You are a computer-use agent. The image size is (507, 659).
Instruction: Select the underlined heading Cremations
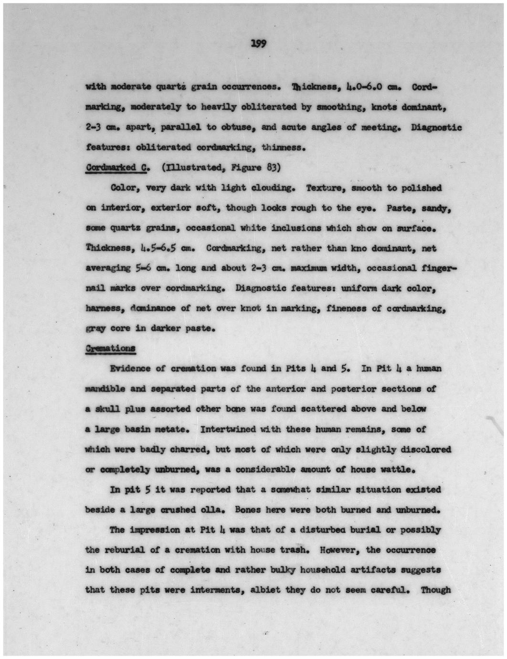[x=110, y=348]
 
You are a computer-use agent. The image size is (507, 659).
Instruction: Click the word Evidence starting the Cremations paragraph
[x=130, y=368]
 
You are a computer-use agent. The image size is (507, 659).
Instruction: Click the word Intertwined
[x=227, y=429]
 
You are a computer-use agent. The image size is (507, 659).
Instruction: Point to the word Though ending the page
[x=435, y=590]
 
